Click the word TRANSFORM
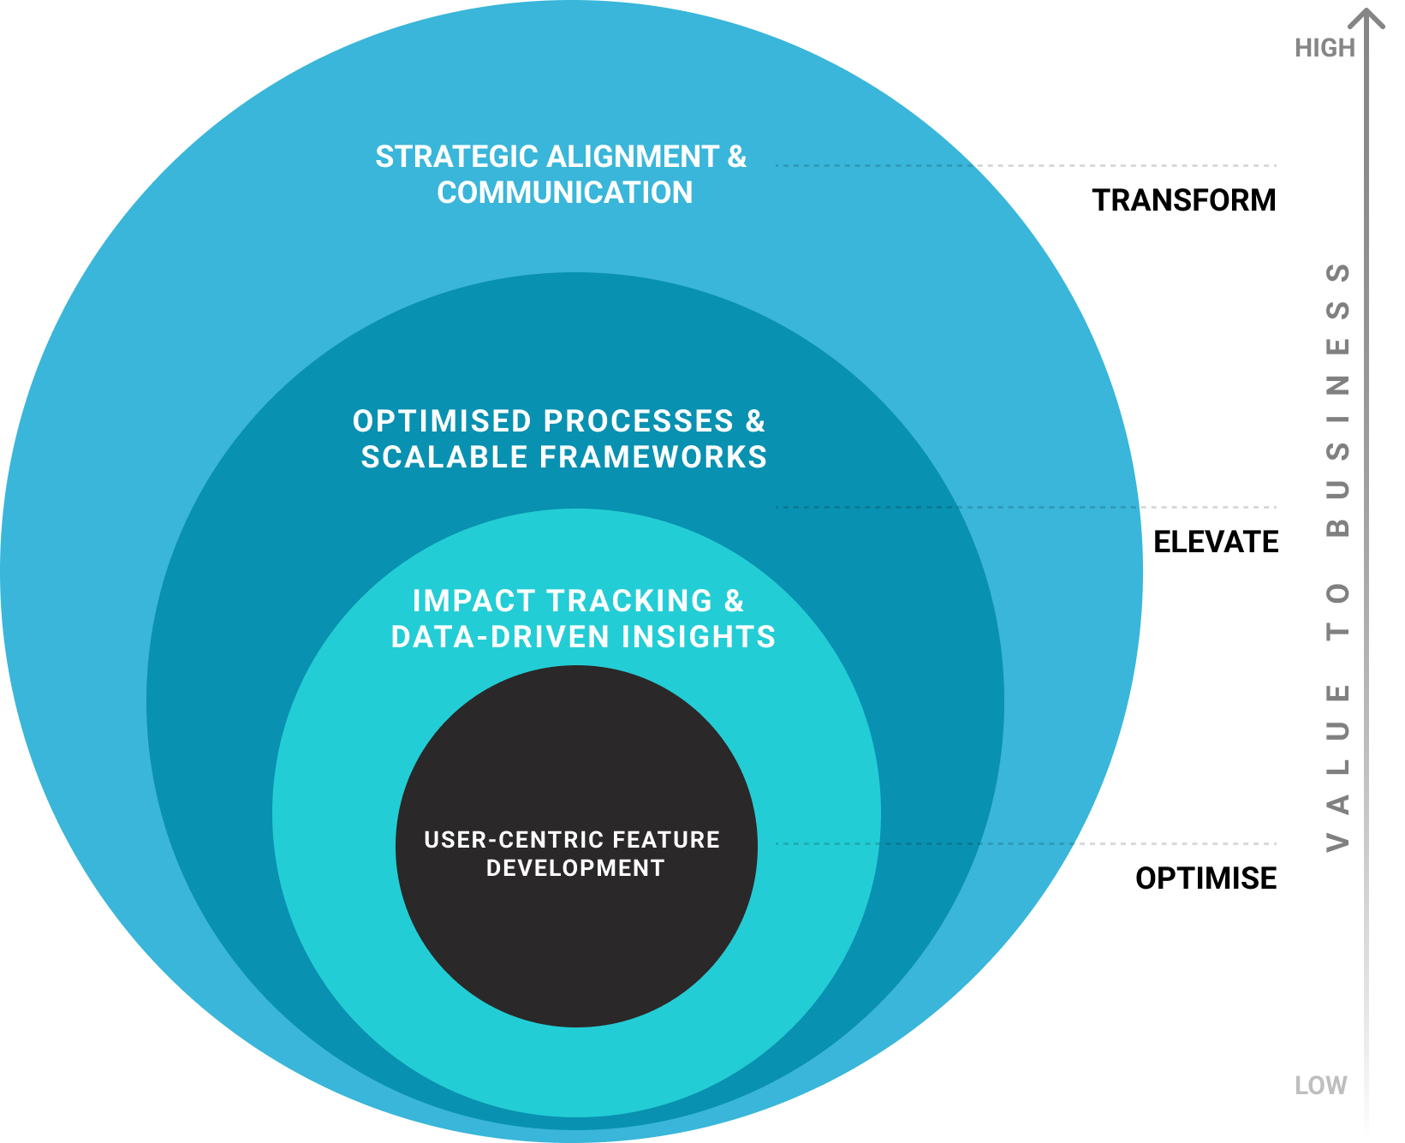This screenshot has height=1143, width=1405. (x=1183, y=200)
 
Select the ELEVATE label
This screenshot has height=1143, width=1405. (x=1215, y=542)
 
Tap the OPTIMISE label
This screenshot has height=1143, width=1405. (x=1206, y=878)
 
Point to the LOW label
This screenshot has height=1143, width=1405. (x=1320, y=1086)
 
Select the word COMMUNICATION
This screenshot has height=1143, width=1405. (x=564, y=193)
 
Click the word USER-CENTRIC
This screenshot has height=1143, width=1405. (x=498, y=840)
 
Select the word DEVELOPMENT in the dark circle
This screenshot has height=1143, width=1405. (x=575, y=868)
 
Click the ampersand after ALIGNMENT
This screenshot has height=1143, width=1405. (x=736, y=157)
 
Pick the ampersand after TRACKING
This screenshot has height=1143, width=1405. (x=734, y=601)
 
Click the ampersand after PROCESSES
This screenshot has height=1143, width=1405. (x=754, y=421)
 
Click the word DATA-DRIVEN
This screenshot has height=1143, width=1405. (x=500, y=637)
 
